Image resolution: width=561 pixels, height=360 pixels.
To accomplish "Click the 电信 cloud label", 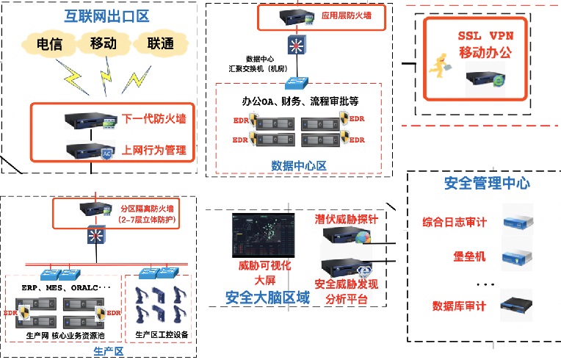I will point(51,43).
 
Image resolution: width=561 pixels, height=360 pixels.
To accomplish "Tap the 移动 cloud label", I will point(104,43).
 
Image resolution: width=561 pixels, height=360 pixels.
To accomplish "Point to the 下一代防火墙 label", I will point(153,118).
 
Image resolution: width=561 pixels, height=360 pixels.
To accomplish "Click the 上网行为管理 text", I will point(153,151).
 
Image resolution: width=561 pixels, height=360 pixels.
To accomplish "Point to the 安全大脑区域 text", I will point(267,298).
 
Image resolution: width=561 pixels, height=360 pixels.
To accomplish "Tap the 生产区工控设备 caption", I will point(162,335).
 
